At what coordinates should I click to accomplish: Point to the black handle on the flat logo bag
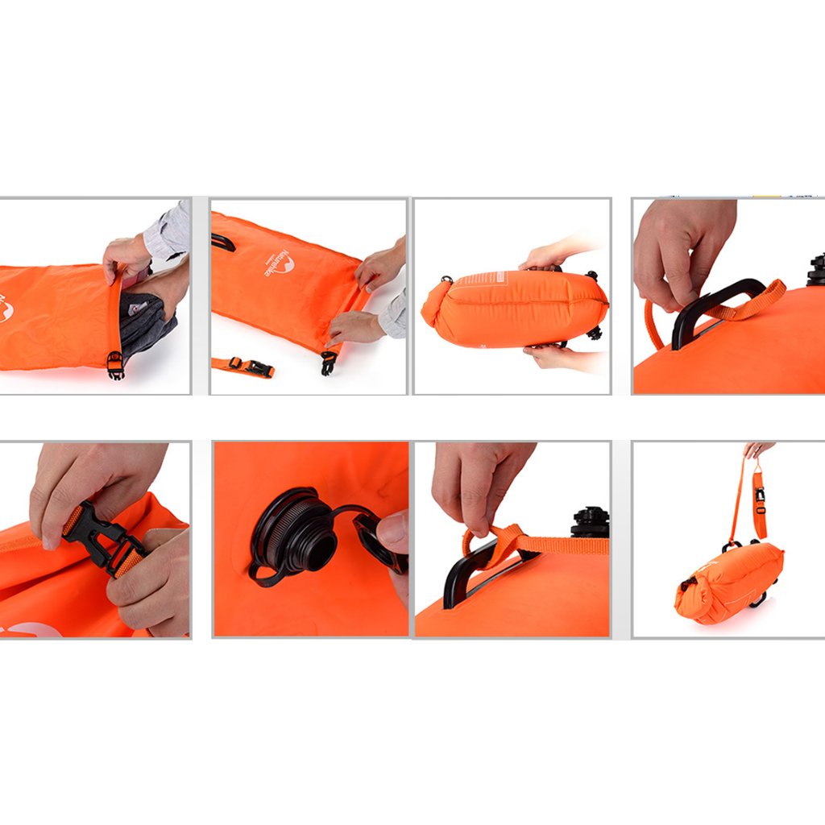point(223,241)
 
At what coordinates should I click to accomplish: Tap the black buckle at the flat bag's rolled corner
point(328,363)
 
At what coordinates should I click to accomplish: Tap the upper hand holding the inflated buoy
point(552,256)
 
